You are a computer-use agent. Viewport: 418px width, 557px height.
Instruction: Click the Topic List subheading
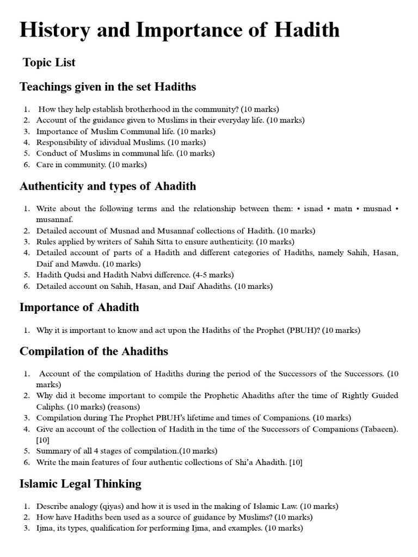(x=49, y=63)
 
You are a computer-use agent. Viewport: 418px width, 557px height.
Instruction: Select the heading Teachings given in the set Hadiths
(x=108, y=87)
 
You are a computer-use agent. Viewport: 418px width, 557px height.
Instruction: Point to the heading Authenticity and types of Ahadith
(x=108, y=186)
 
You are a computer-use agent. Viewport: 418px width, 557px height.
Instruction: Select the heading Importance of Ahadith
(x=79, y=307)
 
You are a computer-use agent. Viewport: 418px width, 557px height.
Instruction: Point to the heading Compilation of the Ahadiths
(x=94, y=351)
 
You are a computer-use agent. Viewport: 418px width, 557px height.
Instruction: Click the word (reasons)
(x=126, y=407)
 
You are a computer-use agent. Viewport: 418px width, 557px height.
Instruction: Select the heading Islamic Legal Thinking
(x=80, y=484)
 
